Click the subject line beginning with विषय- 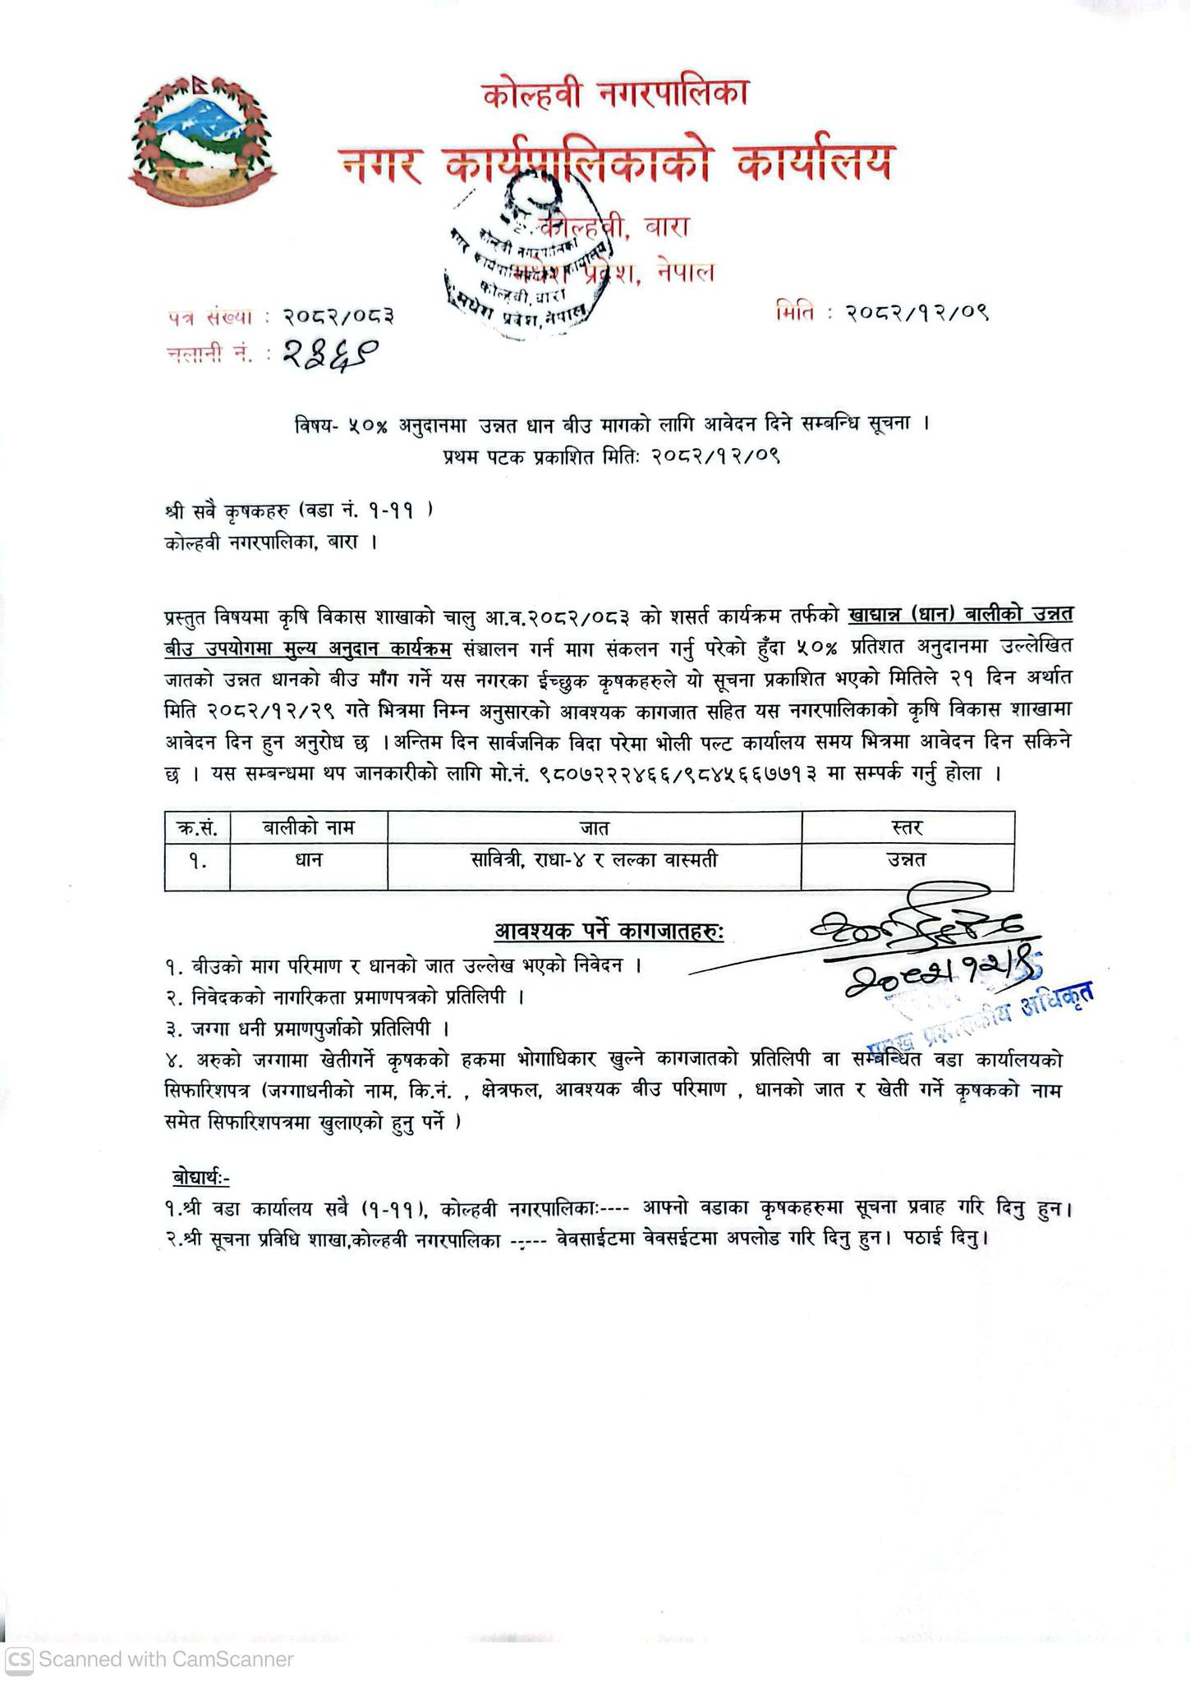tap(611, 425)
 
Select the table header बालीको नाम tap(308, 827)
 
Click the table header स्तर tap(907, 827)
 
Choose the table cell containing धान tap(308, 859)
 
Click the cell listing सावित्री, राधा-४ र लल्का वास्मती tap(594, 859)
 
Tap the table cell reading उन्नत tap(907, 859)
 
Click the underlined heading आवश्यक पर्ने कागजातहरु tap(609, 932)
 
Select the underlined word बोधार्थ tap(200, 1177)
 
